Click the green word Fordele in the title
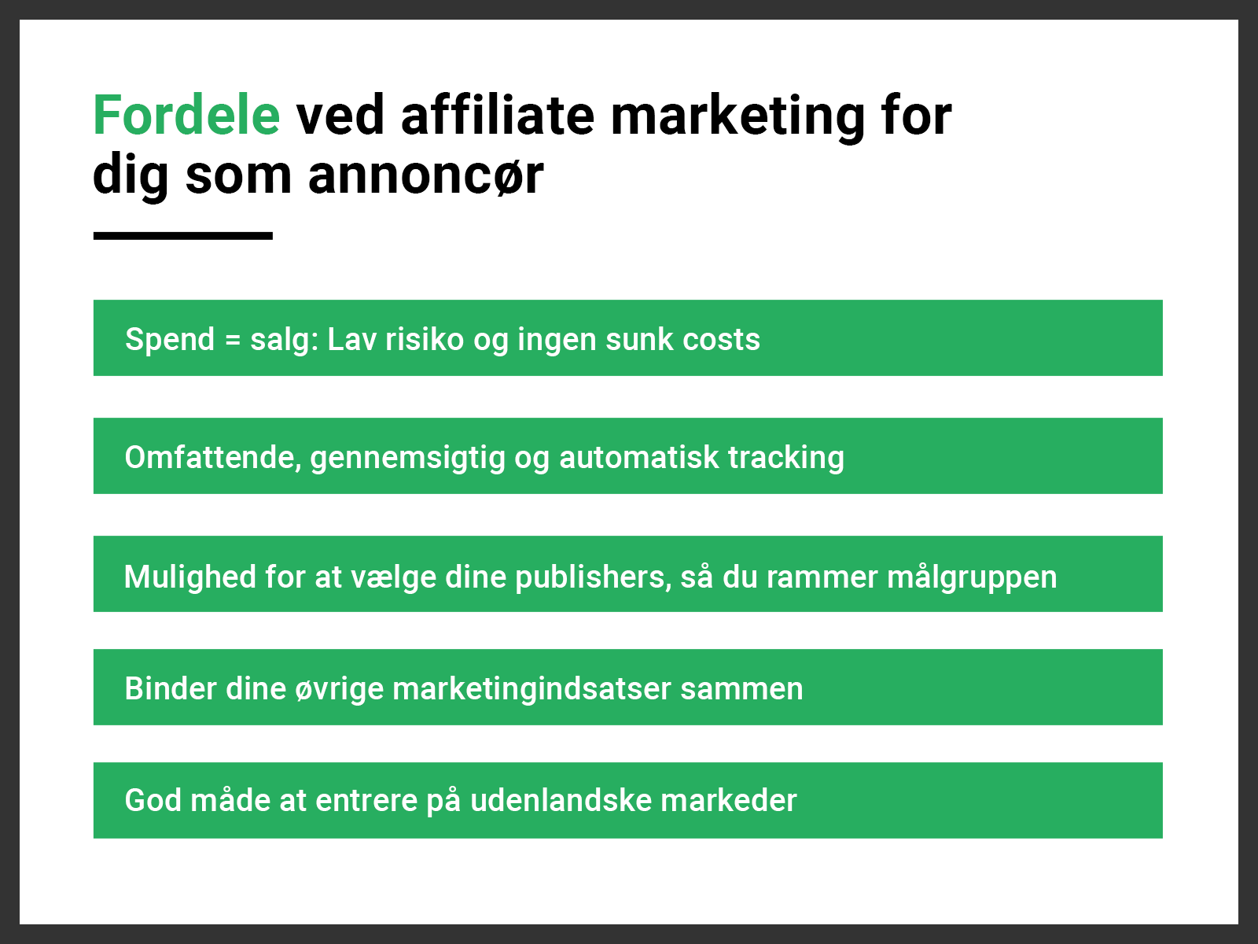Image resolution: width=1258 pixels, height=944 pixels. point(186,115)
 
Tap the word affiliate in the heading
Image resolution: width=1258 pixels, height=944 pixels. point(498,115)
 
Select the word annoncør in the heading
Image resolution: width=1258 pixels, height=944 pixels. point(426,175)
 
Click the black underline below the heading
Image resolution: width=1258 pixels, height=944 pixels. point(183,235)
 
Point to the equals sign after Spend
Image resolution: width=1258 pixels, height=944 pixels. point(232,340)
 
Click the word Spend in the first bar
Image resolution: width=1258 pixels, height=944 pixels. point(170,340)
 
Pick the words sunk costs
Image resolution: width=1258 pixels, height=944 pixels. point(682,339)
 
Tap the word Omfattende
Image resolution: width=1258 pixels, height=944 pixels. point(213,458)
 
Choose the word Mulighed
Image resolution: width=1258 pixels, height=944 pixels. point(189,577)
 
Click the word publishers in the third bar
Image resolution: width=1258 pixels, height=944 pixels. point(593,577)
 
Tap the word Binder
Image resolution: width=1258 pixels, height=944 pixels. point(171,688)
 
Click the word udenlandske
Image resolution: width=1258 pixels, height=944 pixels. point(561,801)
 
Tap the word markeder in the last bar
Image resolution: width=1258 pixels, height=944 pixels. point(728,801)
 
